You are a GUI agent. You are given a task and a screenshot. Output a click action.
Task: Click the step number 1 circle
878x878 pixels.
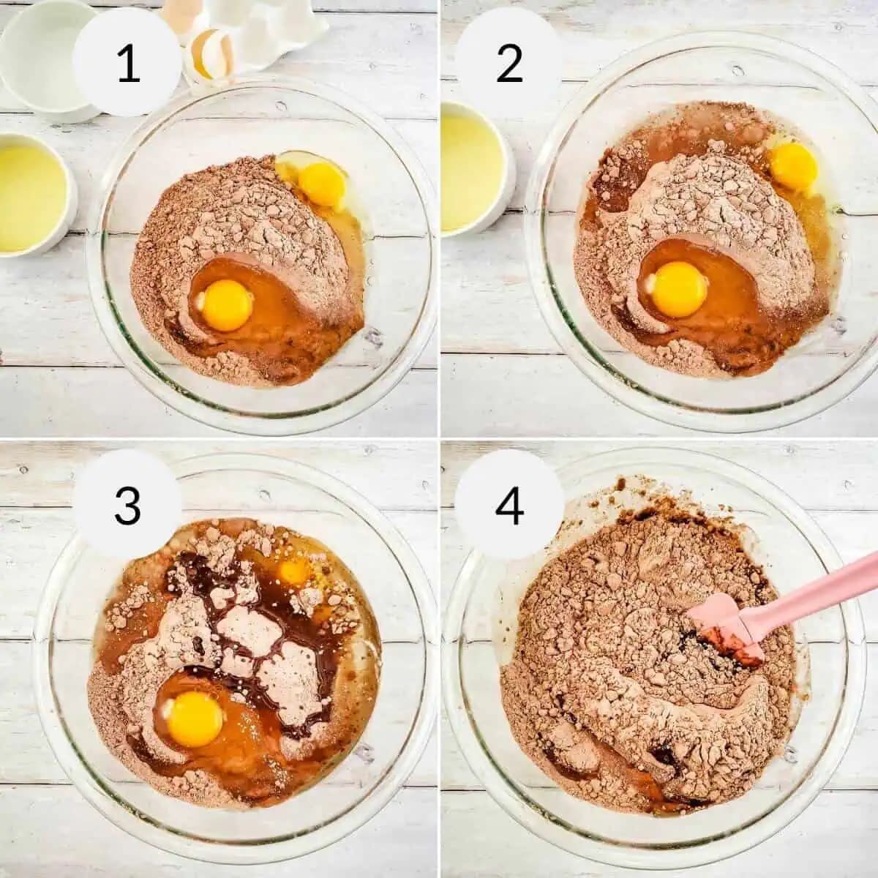click(128, 64)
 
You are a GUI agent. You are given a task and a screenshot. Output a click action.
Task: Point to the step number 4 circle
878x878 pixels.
click(510, 504)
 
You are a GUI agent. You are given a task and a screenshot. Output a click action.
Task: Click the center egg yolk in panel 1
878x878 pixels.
click(228, 305)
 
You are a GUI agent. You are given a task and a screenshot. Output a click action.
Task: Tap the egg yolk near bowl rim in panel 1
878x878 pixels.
click(322, 183)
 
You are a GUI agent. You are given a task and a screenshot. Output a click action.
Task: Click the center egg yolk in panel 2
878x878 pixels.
click(678, 289)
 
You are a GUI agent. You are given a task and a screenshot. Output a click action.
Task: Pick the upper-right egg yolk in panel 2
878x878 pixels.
click(794, 165)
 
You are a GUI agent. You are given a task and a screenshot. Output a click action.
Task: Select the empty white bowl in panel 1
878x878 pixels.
click(48, 59)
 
